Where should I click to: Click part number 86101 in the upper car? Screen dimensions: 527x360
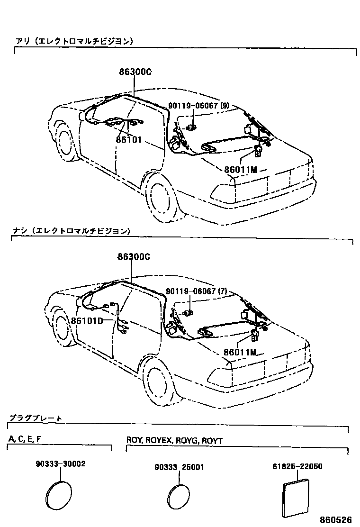tap(128, 140)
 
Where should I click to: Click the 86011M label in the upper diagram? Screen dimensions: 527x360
tap(241, 170)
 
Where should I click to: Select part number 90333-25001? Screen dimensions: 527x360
tap(179, 467)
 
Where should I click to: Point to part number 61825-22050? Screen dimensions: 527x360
tap(297, 466)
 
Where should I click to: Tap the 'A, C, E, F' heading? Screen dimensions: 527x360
tap(25, 439)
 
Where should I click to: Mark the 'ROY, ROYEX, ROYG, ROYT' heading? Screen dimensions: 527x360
tap(174, 440)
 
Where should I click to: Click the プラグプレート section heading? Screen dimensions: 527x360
tap(35, 418)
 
